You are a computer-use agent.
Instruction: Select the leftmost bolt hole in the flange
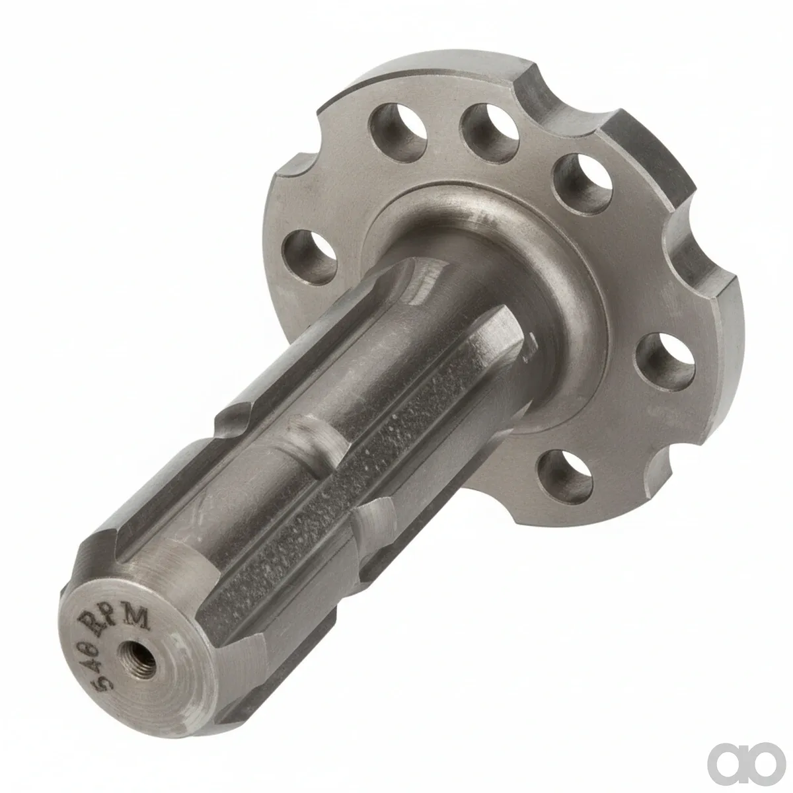click(309, 258)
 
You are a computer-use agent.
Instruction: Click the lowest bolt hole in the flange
click(564, 476)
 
